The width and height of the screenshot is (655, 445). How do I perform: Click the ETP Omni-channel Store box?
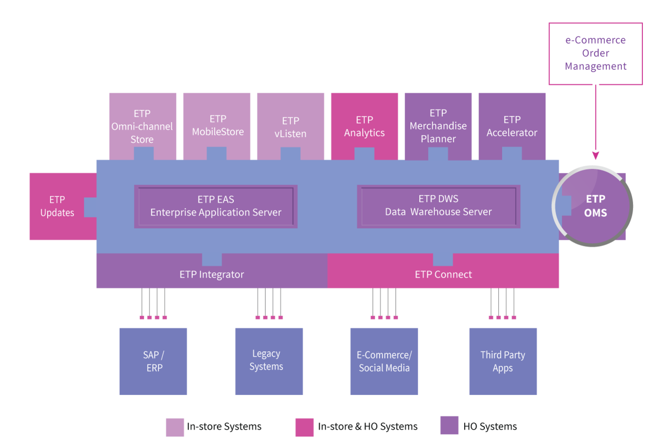click(x=143, y=126)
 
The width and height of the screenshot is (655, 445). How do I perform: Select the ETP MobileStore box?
click(x=217, y=126)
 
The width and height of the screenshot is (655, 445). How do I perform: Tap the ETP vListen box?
click(x=291, y=126)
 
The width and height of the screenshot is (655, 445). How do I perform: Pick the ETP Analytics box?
click(x=364, y=126)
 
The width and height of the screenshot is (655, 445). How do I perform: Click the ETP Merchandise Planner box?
click(x=438, y=126)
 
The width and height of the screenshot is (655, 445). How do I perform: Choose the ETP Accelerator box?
click(x=512, y=126)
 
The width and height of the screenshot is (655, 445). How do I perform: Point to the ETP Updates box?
click(x=57, y=207)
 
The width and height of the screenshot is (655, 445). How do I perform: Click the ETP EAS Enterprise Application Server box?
click(x=216, y=207)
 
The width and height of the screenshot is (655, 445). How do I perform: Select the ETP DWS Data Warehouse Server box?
click(x=439, y=207)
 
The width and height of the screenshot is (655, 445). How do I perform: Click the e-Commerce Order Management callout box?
click(x=596, y=54)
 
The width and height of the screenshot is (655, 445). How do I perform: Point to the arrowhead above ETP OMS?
click(x=596, y=155)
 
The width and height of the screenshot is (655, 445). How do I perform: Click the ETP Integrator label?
click(x=211, y=274)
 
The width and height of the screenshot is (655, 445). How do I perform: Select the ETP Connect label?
click(x=444, y=274)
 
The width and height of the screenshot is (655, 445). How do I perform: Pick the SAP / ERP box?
click(x=153, y=362)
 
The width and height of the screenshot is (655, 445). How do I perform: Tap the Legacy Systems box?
click(x=269, y=362)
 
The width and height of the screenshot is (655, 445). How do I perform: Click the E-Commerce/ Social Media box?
click(x=384, y=362)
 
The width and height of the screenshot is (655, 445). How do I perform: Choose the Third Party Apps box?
click(x=503, y=362)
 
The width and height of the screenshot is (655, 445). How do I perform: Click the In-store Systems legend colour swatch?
click(x=175, y=427)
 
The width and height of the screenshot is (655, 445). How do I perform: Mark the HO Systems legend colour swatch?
click(x=450, y=425)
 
